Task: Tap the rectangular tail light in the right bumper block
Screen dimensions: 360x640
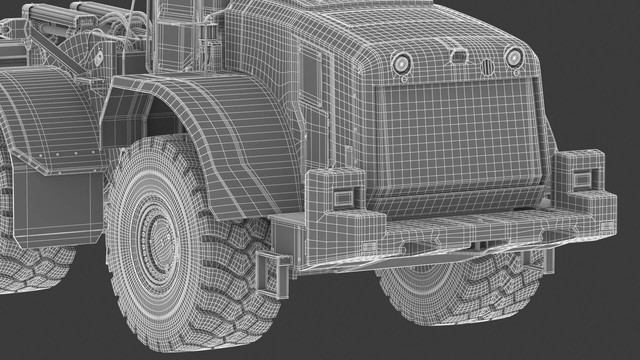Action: (582, 180)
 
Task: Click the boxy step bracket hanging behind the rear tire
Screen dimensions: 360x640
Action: (269, 273)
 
